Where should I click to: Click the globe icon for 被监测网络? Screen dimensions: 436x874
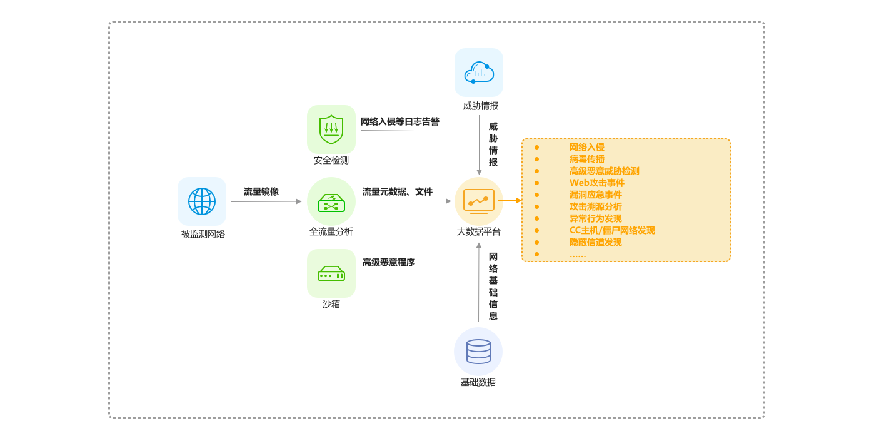click(x=202, y=201)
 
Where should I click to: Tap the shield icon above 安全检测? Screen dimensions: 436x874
click(x=331, y=129)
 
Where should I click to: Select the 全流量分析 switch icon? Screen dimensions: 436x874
click(x=331, y=201)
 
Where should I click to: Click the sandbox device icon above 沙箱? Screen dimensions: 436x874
click(x=331, y=273)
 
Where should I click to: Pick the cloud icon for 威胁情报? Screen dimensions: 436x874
click(x=479, y=73)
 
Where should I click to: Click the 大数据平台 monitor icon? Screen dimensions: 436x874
click(x=479, y=201)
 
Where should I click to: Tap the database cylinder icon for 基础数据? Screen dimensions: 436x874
click(x=478, y=352)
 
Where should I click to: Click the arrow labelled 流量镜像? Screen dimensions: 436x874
click(x=266, y=201)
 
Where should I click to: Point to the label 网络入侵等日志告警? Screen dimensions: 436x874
click(x=399, y=121)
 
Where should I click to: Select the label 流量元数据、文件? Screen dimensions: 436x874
click(x=397, y=191)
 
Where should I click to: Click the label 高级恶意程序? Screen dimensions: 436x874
click(x=388, y=262)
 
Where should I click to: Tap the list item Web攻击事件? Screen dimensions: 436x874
click(x=596, y=183)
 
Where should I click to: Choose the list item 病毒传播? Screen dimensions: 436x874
click(x=586, y=159)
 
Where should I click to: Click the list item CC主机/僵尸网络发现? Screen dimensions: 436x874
click(x=612, y=230)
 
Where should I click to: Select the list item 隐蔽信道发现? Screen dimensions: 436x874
click(x=595, y=242)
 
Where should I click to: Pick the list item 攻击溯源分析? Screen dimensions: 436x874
click(x=595, y=206)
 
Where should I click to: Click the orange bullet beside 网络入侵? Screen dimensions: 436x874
click(x=536, y=147)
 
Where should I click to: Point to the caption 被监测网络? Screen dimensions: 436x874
click(x=203, y=234)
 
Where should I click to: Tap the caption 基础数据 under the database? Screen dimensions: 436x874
click(x=478, y=382)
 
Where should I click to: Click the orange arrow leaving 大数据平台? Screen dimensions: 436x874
click(x=510, y=200)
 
